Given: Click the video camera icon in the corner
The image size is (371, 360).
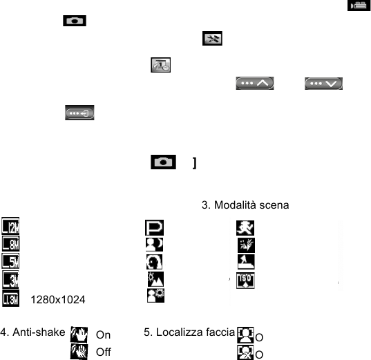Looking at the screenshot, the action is (x=359, y=6).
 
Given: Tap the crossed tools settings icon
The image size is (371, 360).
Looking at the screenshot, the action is (x=212, y=38).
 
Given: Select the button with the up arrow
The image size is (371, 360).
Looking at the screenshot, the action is (x=255, y=84).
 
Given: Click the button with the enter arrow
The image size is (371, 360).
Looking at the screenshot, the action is (x=79, y=113).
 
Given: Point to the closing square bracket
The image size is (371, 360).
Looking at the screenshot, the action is (x=195, y=163).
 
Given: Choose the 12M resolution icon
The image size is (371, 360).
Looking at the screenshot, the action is (x=10, y=226).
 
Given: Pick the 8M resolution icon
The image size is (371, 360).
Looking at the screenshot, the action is (x=11, y=243).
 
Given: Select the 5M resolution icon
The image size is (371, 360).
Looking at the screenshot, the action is (x=10, y=261).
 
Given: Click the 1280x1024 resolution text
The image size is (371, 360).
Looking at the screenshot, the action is (x=58, y=300).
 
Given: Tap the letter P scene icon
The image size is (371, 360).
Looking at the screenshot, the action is (x=154, y=228).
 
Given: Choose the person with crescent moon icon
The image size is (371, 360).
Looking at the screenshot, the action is (x=154, y=245).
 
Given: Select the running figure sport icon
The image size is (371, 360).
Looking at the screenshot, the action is (x=245, y=228).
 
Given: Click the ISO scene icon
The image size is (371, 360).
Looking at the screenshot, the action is (x=245, y=281).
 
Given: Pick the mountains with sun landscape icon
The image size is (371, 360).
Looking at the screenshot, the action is (x=155, y=279).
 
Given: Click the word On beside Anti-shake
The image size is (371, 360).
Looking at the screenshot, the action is (x=103, y=335).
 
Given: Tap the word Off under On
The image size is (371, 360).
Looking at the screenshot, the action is (x=104, y=352).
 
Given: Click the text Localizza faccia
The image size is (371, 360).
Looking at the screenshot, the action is (x=189, y=332).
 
